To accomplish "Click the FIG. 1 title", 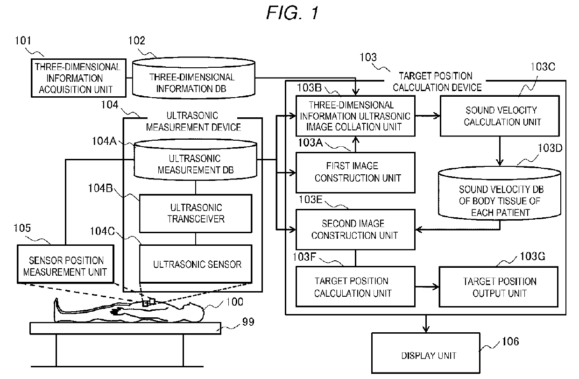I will [x=292, y=13].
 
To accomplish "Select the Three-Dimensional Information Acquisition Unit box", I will [x=77, y=78].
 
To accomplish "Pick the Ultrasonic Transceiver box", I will [x=195, y=213].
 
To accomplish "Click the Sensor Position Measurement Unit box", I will [x=66, y=265].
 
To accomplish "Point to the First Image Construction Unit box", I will [x=355, y=172].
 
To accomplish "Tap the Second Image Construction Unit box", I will [x=355, y=229].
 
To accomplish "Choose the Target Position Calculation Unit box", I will [x=355, y=287].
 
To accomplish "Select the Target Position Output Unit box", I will [x=499, y=287].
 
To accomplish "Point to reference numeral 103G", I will [x=531, y=257].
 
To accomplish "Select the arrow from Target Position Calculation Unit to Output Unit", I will [x=427, y=287].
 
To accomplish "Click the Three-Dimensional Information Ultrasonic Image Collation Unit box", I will [x=355, y=116].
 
